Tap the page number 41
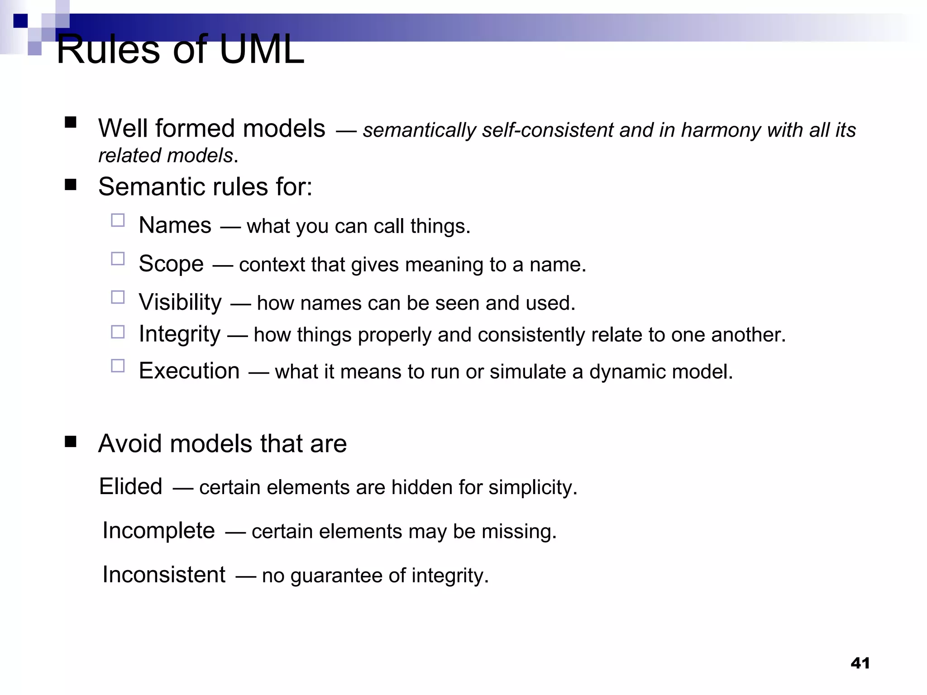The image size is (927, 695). tap(860, 663)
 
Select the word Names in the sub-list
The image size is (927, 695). tap(175, 225)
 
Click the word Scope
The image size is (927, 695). tap(171, 264)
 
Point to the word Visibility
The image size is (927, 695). tap(180, 302)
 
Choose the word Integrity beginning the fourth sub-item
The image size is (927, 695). tap(179, 334)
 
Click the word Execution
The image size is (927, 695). tap(189, 371)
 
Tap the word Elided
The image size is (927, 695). tap(130, 487)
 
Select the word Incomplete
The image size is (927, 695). tap(158, 530)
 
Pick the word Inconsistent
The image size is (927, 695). tap(164, 575)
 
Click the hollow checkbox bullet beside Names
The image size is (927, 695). tap(118, 220)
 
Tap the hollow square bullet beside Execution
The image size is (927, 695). tap(118, 366)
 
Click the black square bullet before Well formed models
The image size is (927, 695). tap(71, 123)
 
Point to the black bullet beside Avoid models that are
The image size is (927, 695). tap(71, 442)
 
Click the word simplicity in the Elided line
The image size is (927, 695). tap(533, 488)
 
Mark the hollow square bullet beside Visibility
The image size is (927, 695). tap(118, 297)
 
